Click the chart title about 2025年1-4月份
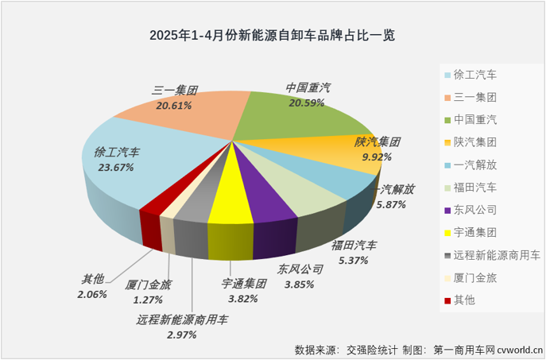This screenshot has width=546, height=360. pyautogui.click(x=272, y=36)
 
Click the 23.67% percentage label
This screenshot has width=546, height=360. pyautogui.click(x=114, y=168)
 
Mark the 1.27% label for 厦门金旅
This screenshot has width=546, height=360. pyautogui.click(x=148, y=300)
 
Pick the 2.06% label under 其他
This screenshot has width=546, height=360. pyautogui.click(x=93, y=294)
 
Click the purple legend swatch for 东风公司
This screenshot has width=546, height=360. pyautogui.click(x=447, y=210)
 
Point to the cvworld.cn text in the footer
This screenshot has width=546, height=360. pyautogui.click(x=517, y=349)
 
